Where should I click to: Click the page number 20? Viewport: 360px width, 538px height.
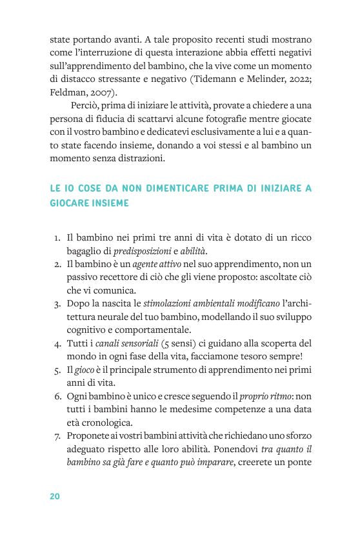[x=55, y=496]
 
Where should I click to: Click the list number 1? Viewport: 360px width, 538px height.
[x=57, y=237]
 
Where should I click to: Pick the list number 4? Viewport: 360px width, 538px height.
[x=57, y=343]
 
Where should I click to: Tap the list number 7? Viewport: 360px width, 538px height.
[x=57, y=435]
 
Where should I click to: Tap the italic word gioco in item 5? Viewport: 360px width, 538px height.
[x=86, y=369]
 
